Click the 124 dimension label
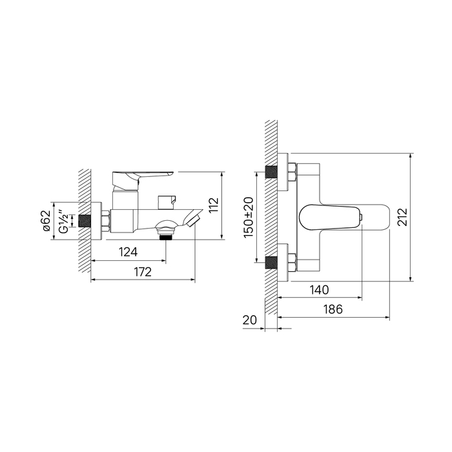click(x=128, y=252)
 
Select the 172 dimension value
click(x=143, y=272)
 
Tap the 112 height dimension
click(x=214, y=205)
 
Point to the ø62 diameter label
click(x=47, y=221)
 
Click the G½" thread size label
click(x=64, y=221)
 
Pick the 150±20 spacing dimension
click(x=248, y=218)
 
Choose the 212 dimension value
click(x=402, y=217)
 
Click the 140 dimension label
click(x=319, y=290)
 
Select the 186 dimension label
click(x=333, y=309)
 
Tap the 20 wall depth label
click(x=249, y=320)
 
